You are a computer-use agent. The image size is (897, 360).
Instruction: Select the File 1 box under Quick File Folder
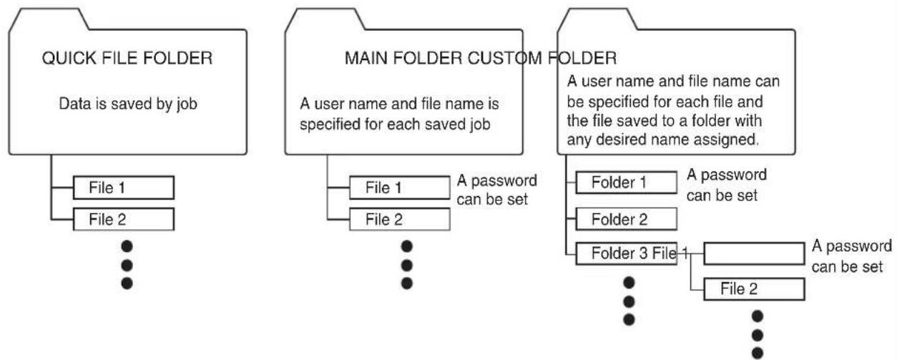123,188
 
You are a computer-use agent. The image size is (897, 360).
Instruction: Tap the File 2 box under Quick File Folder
123,219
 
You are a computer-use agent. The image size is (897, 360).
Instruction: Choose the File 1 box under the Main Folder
400,188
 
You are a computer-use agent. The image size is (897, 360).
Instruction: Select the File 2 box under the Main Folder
400,219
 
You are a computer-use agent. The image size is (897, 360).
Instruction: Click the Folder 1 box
627,183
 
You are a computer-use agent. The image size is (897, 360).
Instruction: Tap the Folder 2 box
627,219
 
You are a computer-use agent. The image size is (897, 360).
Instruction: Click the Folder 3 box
627,253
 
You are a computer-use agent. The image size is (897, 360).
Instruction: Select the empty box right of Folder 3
754,253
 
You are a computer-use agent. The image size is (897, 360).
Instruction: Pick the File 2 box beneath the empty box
754,288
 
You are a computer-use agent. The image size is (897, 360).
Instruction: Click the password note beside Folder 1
727,185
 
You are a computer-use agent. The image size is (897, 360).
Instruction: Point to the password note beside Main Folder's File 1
496,190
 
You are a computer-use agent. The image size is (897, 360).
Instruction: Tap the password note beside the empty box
852,256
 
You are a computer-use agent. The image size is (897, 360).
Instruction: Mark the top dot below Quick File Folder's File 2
127,246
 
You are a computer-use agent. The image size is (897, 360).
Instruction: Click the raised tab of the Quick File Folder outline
48,19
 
